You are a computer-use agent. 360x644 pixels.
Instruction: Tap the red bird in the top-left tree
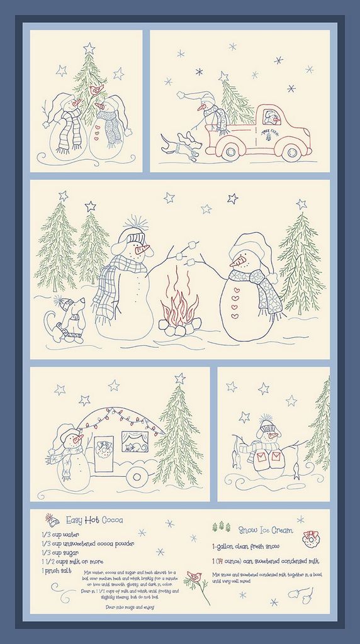tap(96, 89)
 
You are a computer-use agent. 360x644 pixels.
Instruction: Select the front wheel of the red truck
tap(291, 152)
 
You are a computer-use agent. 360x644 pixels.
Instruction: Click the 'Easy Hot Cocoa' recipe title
tap(95, 520)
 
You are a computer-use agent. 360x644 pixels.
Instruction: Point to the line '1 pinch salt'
tap(57, 570)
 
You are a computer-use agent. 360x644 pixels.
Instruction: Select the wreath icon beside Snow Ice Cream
tap(311, 538)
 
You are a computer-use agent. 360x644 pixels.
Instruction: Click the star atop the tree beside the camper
tap(180, 378)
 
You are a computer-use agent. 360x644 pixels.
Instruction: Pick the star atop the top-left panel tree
tap(89, 48)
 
